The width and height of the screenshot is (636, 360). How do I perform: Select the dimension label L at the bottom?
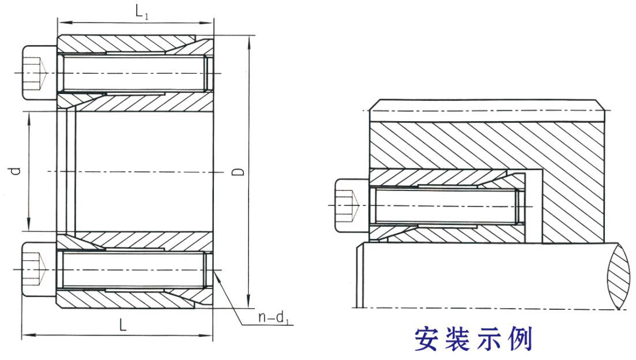[x=123, y=325]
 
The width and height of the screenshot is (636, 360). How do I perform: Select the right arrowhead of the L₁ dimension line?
[x=210, y=23]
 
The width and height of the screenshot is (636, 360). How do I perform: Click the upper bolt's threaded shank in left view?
[x=133, y=74]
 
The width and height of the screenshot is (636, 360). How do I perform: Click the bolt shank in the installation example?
[x=444, y=207]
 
